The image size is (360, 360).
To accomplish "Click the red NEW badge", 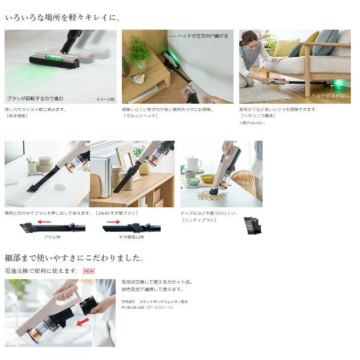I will point(89,271).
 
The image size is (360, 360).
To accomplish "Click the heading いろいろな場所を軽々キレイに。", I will point(63,18).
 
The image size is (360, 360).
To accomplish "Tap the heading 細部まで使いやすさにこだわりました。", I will point(74,257).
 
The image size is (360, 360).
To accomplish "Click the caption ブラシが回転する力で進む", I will point(35,98).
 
